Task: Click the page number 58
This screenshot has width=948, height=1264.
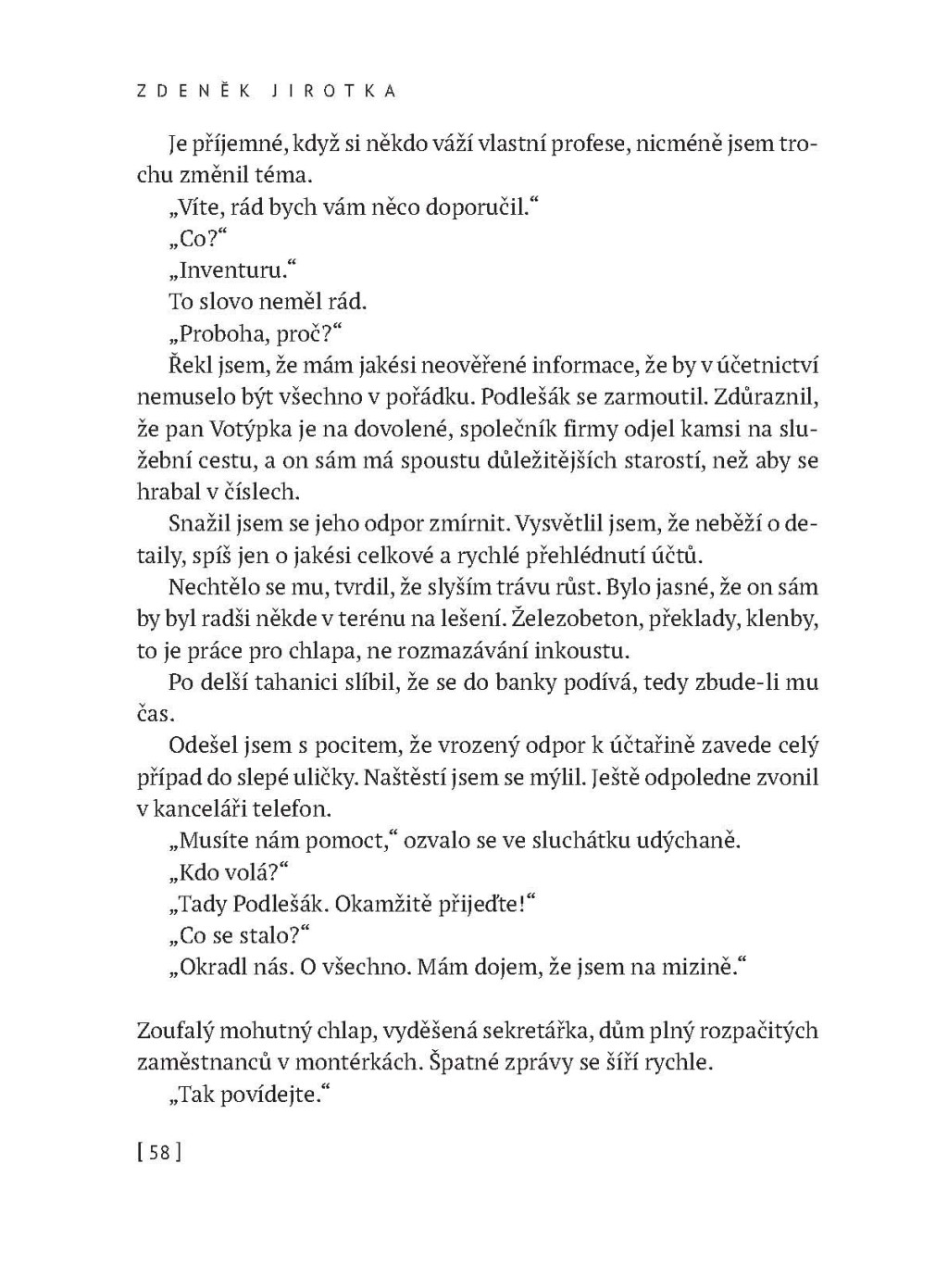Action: click(158, 1153)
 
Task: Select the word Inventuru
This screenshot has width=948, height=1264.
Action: click(231, 270)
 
